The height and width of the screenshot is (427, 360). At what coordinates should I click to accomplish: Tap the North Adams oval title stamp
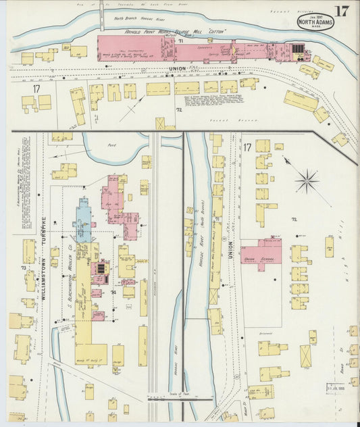315,22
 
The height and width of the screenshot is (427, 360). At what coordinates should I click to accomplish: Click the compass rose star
307,180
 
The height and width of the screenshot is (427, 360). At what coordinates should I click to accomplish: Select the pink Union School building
261,254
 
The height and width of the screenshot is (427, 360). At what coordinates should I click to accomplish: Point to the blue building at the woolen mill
82,222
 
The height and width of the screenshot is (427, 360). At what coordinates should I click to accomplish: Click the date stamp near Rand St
334,388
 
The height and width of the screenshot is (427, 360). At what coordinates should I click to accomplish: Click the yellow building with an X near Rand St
305,355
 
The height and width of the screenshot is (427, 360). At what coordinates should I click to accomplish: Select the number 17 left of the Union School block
247,147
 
